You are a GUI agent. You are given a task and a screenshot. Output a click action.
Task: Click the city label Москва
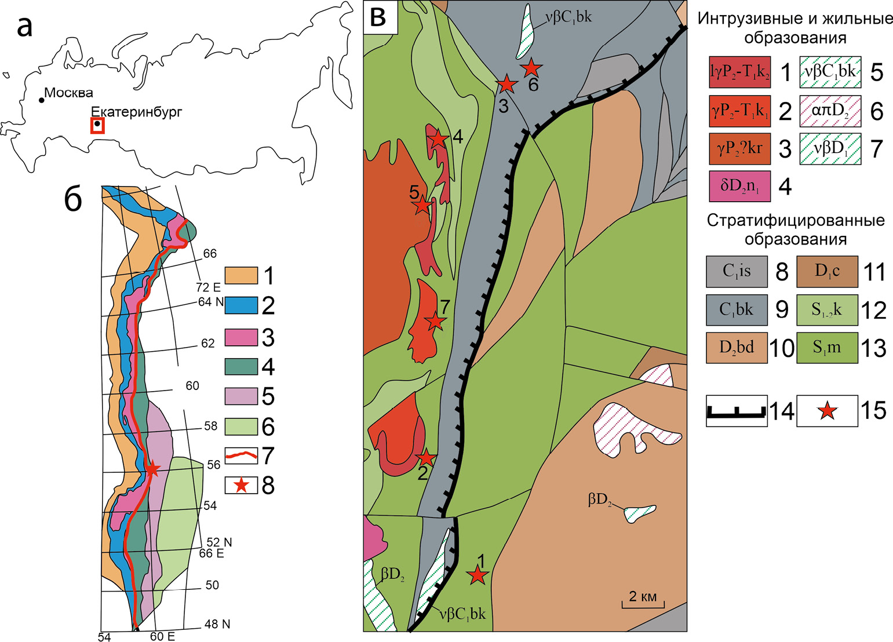(x=68, y=93)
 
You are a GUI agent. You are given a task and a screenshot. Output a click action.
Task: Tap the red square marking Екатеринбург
(x=97, y=125)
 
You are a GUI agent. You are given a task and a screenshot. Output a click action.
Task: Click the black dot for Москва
(x=42, y=100)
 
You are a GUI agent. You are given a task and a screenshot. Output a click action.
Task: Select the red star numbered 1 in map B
(x=477, y=575)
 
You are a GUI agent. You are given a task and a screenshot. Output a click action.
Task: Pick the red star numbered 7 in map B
(x=435, y=321)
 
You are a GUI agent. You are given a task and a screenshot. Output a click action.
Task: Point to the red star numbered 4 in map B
(x=438, y=139)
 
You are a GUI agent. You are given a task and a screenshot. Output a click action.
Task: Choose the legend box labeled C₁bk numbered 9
(x=737, y=309)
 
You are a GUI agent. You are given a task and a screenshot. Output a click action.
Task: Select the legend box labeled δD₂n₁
(x=739, y=186)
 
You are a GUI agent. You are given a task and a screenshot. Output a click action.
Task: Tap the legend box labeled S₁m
(x=827, y=348)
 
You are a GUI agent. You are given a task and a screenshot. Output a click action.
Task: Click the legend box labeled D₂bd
(x=737, y=348)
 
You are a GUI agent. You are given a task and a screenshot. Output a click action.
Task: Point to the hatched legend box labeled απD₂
(x=830, y=110)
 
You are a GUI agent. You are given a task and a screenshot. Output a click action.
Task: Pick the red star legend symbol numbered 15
(x=827, y=411)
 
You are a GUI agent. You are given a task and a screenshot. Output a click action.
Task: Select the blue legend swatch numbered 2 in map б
(x=240, y=305)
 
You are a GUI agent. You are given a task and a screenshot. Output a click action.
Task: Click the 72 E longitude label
(x=208, y=287)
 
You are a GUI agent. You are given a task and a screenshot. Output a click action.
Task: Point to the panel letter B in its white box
(x=380, y=17)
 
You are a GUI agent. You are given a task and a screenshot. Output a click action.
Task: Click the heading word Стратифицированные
(x=795, y=221)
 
